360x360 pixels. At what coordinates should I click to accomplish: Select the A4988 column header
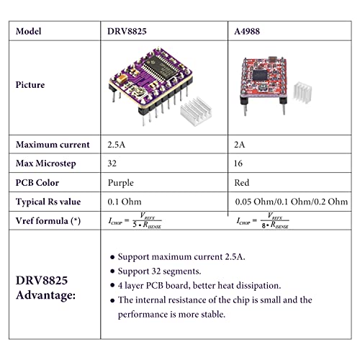coord(251,31)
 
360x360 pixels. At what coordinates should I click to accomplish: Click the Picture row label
coord(30,84)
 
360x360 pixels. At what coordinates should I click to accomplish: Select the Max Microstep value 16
coord(241,163)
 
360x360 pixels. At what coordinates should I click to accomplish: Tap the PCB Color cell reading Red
coord(243,183)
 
